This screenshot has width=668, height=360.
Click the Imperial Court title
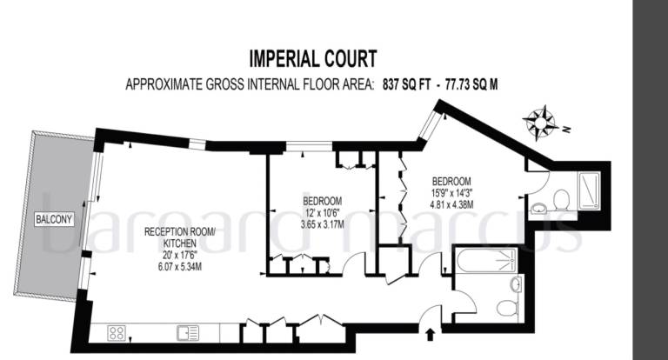[313, 59]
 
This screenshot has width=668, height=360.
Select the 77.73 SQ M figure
[471, 84]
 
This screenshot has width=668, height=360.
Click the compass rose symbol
[540, 123]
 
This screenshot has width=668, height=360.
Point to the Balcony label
[54, 219]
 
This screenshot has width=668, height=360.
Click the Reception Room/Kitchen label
[180, 237]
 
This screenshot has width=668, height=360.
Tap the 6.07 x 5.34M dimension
[180, 267]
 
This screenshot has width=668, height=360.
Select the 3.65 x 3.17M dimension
[322, 224]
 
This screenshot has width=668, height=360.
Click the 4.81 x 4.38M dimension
[451, 204]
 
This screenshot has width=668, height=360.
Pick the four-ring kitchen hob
[117, 333]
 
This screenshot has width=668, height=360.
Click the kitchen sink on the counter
[188, 333]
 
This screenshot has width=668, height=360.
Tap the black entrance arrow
[430, 334]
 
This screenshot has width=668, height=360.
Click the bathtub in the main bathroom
[486, 259]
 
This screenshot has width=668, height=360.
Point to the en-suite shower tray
[589, 190]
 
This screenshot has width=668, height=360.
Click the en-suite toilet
[562, 200]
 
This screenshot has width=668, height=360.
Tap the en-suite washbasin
[539, 209]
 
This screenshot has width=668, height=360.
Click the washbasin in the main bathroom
[516, 284]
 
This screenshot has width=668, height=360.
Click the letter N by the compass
[566, 130]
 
